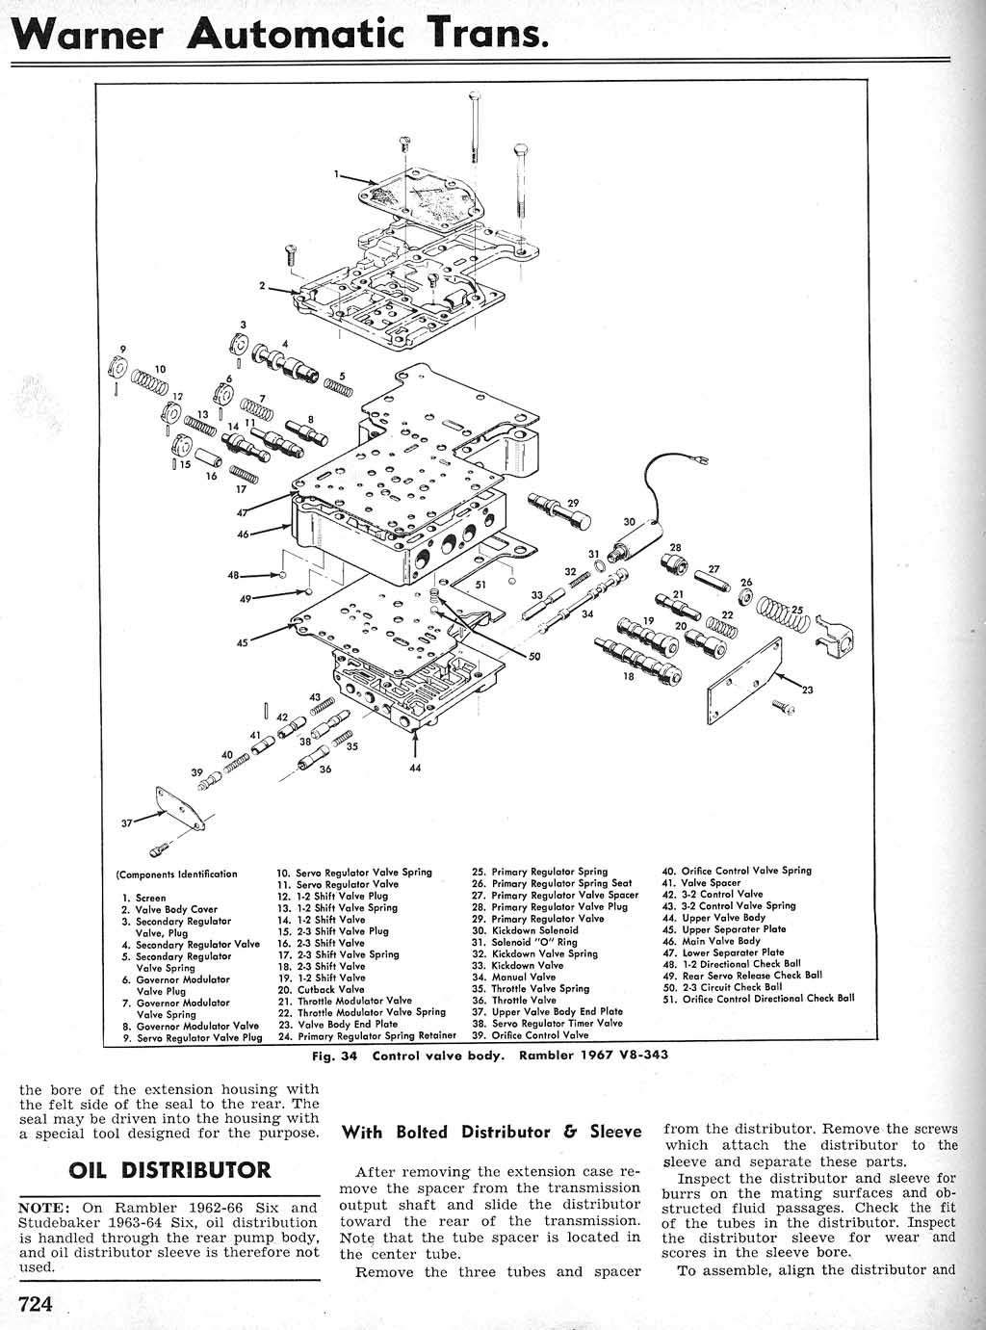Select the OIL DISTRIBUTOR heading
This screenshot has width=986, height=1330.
[x=169, y=1170]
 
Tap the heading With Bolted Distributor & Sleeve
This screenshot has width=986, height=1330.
[x=491, y=1132]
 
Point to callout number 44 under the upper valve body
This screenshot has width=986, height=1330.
[x=415, y=768]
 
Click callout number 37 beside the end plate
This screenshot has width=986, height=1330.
[x=127, y=823]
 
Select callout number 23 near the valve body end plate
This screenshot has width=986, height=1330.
[x=807, y=689]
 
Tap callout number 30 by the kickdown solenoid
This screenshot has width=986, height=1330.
[x=629, y=522]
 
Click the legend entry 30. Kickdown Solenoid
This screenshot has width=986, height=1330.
[x=525, y=930]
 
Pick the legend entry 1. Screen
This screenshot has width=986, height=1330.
[x=143, y=898]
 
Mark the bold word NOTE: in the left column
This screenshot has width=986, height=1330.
[x=45, y=1208]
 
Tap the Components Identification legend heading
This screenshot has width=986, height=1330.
[x=177, y=874]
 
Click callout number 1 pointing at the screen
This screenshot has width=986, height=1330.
[x=337, y=174]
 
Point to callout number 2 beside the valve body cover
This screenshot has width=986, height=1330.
[x=261, y=285]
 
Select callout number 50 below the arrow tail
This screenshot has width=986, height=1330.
[x=534, y=657]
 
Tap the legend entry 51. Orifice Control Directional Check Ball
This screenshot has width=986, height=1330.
[x=758, y=999]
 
